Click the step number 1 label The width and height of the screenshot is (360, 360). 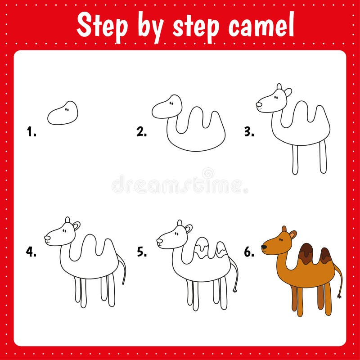(x=31, y=131)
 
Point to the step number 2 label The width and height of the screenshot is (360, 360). (x=141, y=131)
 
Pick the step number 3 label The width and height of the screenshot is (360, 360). (x=249, y=131)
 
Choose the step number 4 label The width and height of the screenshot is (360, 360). (x=31, y=252)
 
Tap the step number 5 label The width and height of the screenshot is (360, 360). (x=142, y=252)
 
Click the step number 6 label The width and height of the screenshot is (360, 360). (x=249, y=252)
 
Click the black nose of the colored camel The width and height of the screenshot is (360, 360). (x=264, y=247)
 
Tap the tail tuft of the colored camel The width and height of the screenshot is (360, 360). (x=339, y=296)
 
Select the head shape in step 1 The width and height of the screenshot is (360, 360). (x=63, y=113)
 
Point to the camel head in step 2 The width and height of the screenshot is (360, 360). (x=167, y=107)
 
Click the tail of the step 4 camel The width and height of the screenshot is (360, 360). (x=122, y=269)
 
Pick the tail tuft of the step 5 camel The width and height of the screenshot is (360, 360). (x=235, y=290)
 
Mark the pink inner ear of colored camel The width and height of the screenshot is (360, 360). (x=292, y=235)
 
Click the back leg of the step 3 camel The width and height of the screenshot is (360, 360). (x=323, y=156)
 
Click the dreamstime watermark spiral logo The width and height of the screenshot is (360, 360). (x=208, y=173)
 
